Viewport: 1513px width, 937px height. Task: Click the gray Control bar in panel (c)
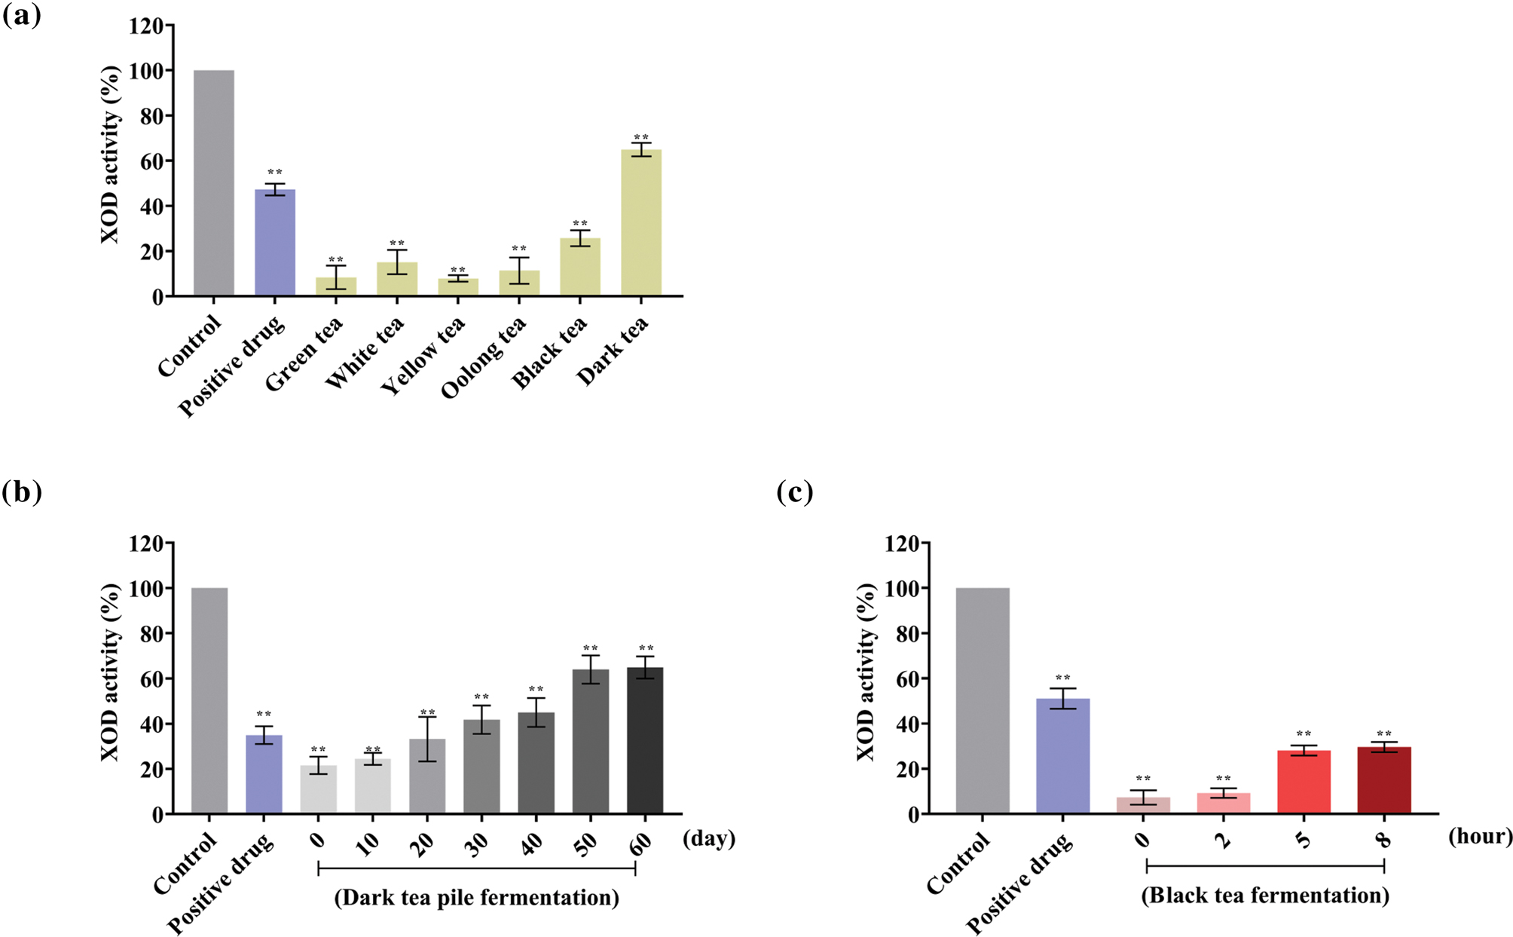983,701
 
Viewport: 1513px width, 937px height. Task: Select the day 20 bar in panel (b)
427,776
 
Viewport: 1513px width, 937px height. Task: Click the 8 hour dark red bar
1384,780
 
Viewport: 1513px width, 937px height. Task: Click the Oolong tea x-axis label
484,357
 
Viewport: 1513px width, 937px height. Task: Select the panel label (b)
22,492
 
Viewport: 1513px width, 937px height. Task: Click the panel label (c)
795,492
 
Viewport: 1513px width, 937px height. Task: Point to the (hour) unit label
1480,836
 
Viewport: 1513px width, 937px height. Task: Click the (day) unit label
708,838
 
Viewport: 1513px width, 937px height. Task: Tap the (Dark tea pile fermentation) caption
476,898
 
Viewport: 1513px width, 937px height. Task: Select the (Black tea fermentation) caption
1265,896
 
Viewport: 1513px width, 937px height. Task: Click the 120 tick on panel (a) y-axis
146,26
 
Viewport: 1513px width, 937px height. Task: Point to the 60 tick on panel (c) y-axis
903,679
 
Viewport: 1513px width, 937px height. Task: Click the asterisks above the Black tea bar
580,224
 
